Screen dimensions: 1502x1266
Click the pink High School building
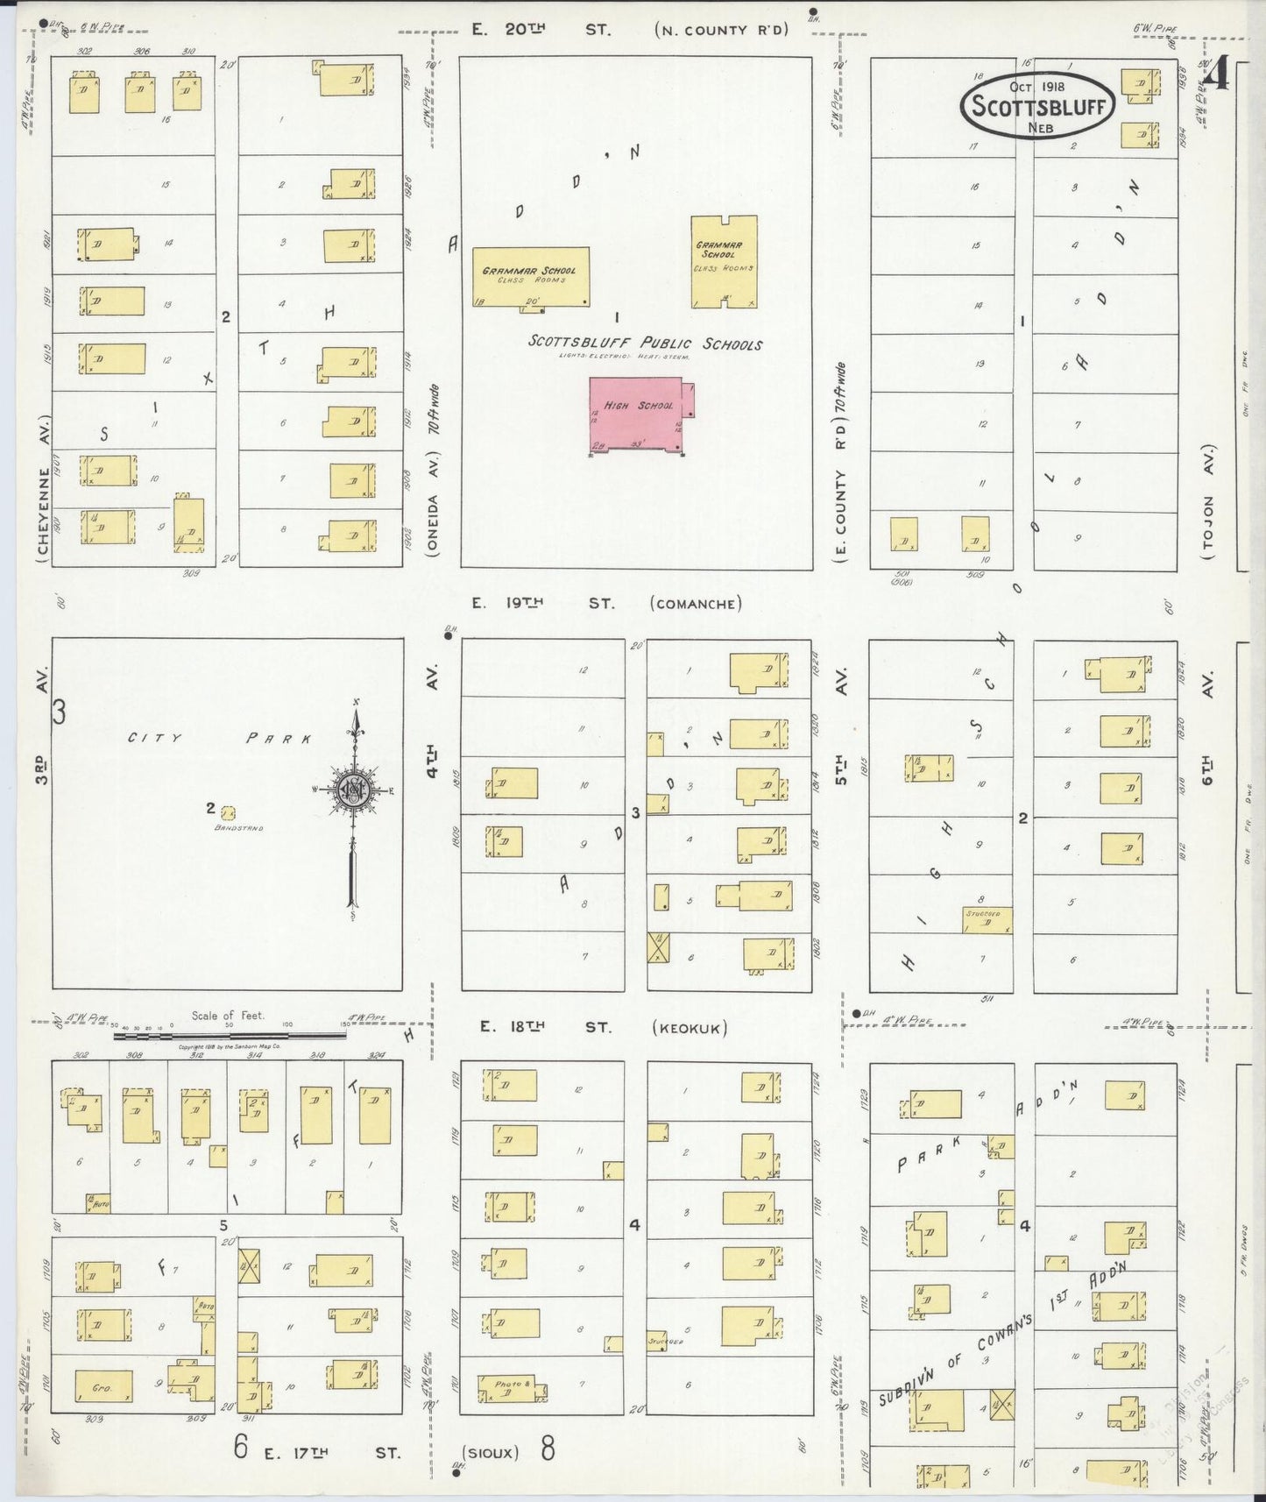tap(636, 414)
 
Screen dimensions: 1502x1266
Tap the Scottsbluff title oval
tap(1038, 106)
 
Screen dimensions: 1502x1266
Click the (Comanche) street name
tap(697, 604)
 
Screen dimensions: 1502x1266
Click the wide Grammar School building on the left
tap(531, 277)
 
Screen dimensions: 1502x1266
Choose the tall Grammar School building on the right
tap(724, 261)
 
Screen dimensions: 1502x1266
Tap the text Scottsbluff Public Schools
tap(645, 343)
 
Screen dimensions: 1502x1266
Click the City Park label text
tap(220, 739)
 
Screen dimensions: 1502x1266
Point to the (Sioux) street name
tap(492, 1452)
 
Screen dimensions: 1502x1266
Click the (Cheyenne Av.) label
tap(41, 499)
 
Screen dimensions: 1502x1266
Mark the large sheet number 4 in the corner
tap(1215, 76)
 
